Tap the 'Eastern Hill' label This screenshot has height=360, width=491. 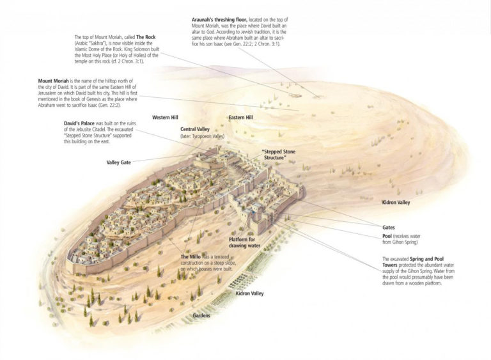point(240,118)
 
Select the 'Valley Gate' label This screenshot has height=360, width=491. point(119,162)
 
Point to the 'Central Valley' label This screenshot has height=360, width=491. point(196,129)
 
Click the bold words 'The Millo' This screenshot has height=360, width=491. point(190,256)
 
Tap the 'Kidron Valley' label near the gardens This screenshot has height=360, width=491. point(249,293)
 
